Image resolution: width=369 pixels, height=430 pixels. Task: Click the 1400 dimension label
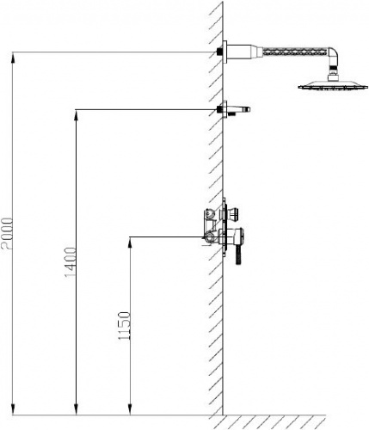coord(71,262)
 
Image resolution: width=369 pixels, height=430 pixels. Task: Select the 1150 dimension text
coord(125,326)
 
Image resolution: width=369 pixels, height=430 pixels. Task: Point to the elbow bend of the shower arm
coord(333,54)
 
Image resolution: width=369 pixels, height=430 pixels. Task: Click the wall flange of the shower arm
coord(225,52)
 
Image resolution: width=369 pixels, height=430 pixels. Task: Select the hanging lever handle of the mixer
coord(238,254)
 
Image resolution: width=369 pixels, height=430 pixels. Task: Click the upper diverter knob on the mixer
coord(235,214)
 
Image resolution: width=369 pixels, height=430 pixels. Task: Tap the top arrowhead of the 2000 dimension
coord(13,58)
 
